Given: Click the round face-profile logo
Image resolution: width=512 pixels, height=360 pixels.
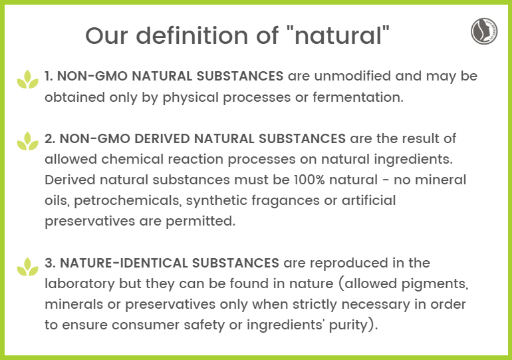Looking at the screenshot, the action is (x=484, y=31).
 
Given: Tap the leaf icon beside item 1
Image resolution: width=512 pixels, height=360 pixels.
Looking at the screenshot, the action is (x=28, y=79).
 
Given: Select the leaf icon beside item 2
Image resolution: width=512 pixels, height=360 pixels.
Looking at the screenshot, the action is (x=28, y=141).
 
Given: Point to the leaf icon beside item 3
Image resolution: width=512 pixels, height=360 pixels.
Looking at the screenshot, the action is (x=28, y=267).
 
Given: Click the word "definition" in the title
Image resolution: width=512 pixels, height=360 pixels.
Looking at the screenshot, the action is (x=192, y=35).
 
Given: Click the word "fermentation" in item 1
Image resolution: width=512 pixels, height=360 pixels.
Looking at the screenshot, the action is (x=358, y=97).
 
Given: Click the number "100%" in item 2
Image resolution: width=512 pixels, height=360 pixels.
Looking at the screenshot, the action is (x=309, y=180).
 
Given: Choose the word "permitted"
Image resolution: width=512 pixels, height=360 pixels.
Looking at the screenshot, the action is (x=201, y=221).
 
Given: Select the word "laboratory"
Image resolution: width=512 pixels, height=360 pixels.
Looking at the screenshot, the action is (x=80, y=283).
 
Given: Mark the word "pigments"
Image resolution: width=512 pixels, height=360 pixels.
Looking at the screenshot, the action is (x=435, y=283).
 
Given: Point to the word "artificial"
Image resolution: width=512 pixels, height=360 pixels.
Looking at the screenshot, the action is (x=368, y=200).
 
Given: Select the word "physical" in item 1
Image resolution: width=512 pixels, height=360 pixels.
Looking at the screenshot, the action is (x=191, y=97).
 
